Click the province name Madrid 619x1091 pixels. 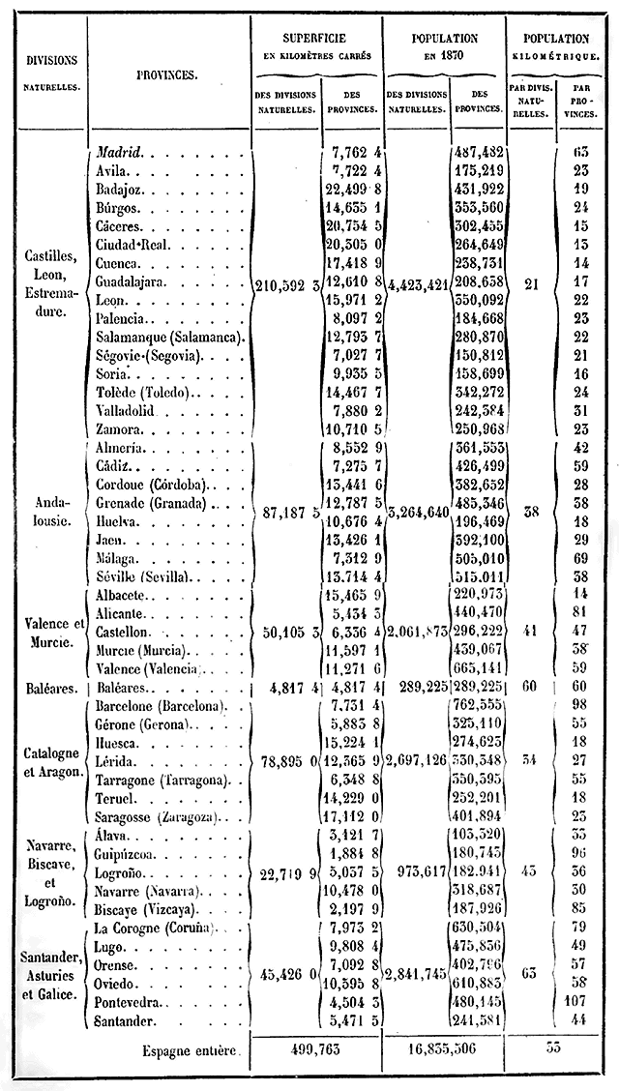pos(120,152)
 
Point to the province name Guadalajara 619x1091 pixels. pos(133,281)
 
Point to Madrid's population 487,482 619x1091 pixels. pos(478,152)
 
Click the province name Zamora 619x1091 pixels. pos(119,428)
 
